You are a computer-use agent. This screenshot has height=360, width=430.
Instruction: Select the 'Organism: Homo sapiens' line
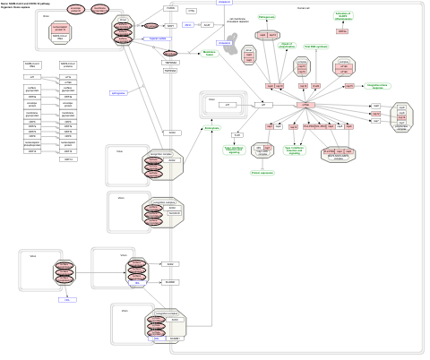(x=21, y=9)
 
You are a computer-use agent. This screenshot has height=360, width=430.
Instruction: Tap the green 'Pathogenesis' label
(x=267, y=17)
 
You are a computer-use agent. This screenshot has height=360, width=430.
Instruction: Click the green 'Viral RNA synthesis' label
(x=316, y=46)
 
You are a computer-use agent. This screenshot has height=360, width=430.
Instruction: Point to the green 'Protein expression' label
(x=262, y=173)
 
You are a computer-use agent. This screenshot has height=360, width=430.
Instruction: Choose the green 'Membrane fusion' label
(x=211, y=54)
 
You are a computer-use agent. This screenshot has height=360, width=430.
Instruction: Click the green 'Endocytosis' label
(x=212, y=128)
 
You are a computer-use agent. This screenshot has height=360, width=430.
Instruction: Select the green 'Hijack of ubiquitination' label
(x=287, y=44)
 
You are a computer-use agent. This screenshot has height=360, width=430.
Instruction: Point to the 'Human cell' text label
(x=303, y=8)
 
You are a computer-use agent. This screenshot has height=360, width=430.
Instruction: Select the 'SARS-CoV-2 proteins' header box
(x=68, y=65)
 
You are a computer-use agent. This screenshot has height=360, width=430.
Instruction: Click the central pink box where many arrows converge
(x=305, y=106)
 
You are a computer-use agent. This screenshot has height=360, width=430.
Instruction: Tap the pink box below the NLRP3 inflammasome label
(x=342, y=31)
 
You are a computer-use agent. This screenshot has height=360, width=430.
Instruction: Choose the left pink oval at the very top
(x=76, y=9)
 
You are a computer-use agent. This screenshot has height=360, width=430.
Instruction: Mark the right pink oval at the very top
(x=100, y=9)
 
